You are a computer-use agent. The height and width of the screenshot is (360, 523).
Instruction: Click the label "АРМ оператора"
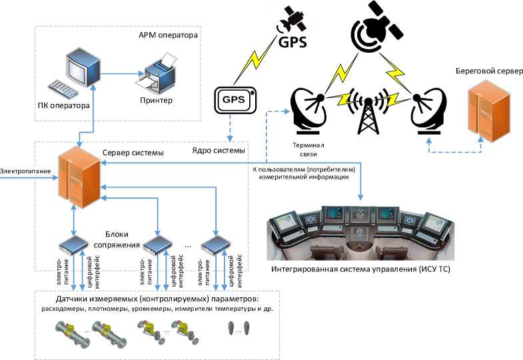tap(169, 34)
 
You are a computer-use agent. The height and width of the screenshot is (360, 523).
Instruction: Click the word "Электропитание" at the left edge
tap(25, 171)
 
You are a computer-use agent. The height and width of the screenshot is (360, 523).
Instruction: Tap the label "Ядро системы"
tap(219, 150)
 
